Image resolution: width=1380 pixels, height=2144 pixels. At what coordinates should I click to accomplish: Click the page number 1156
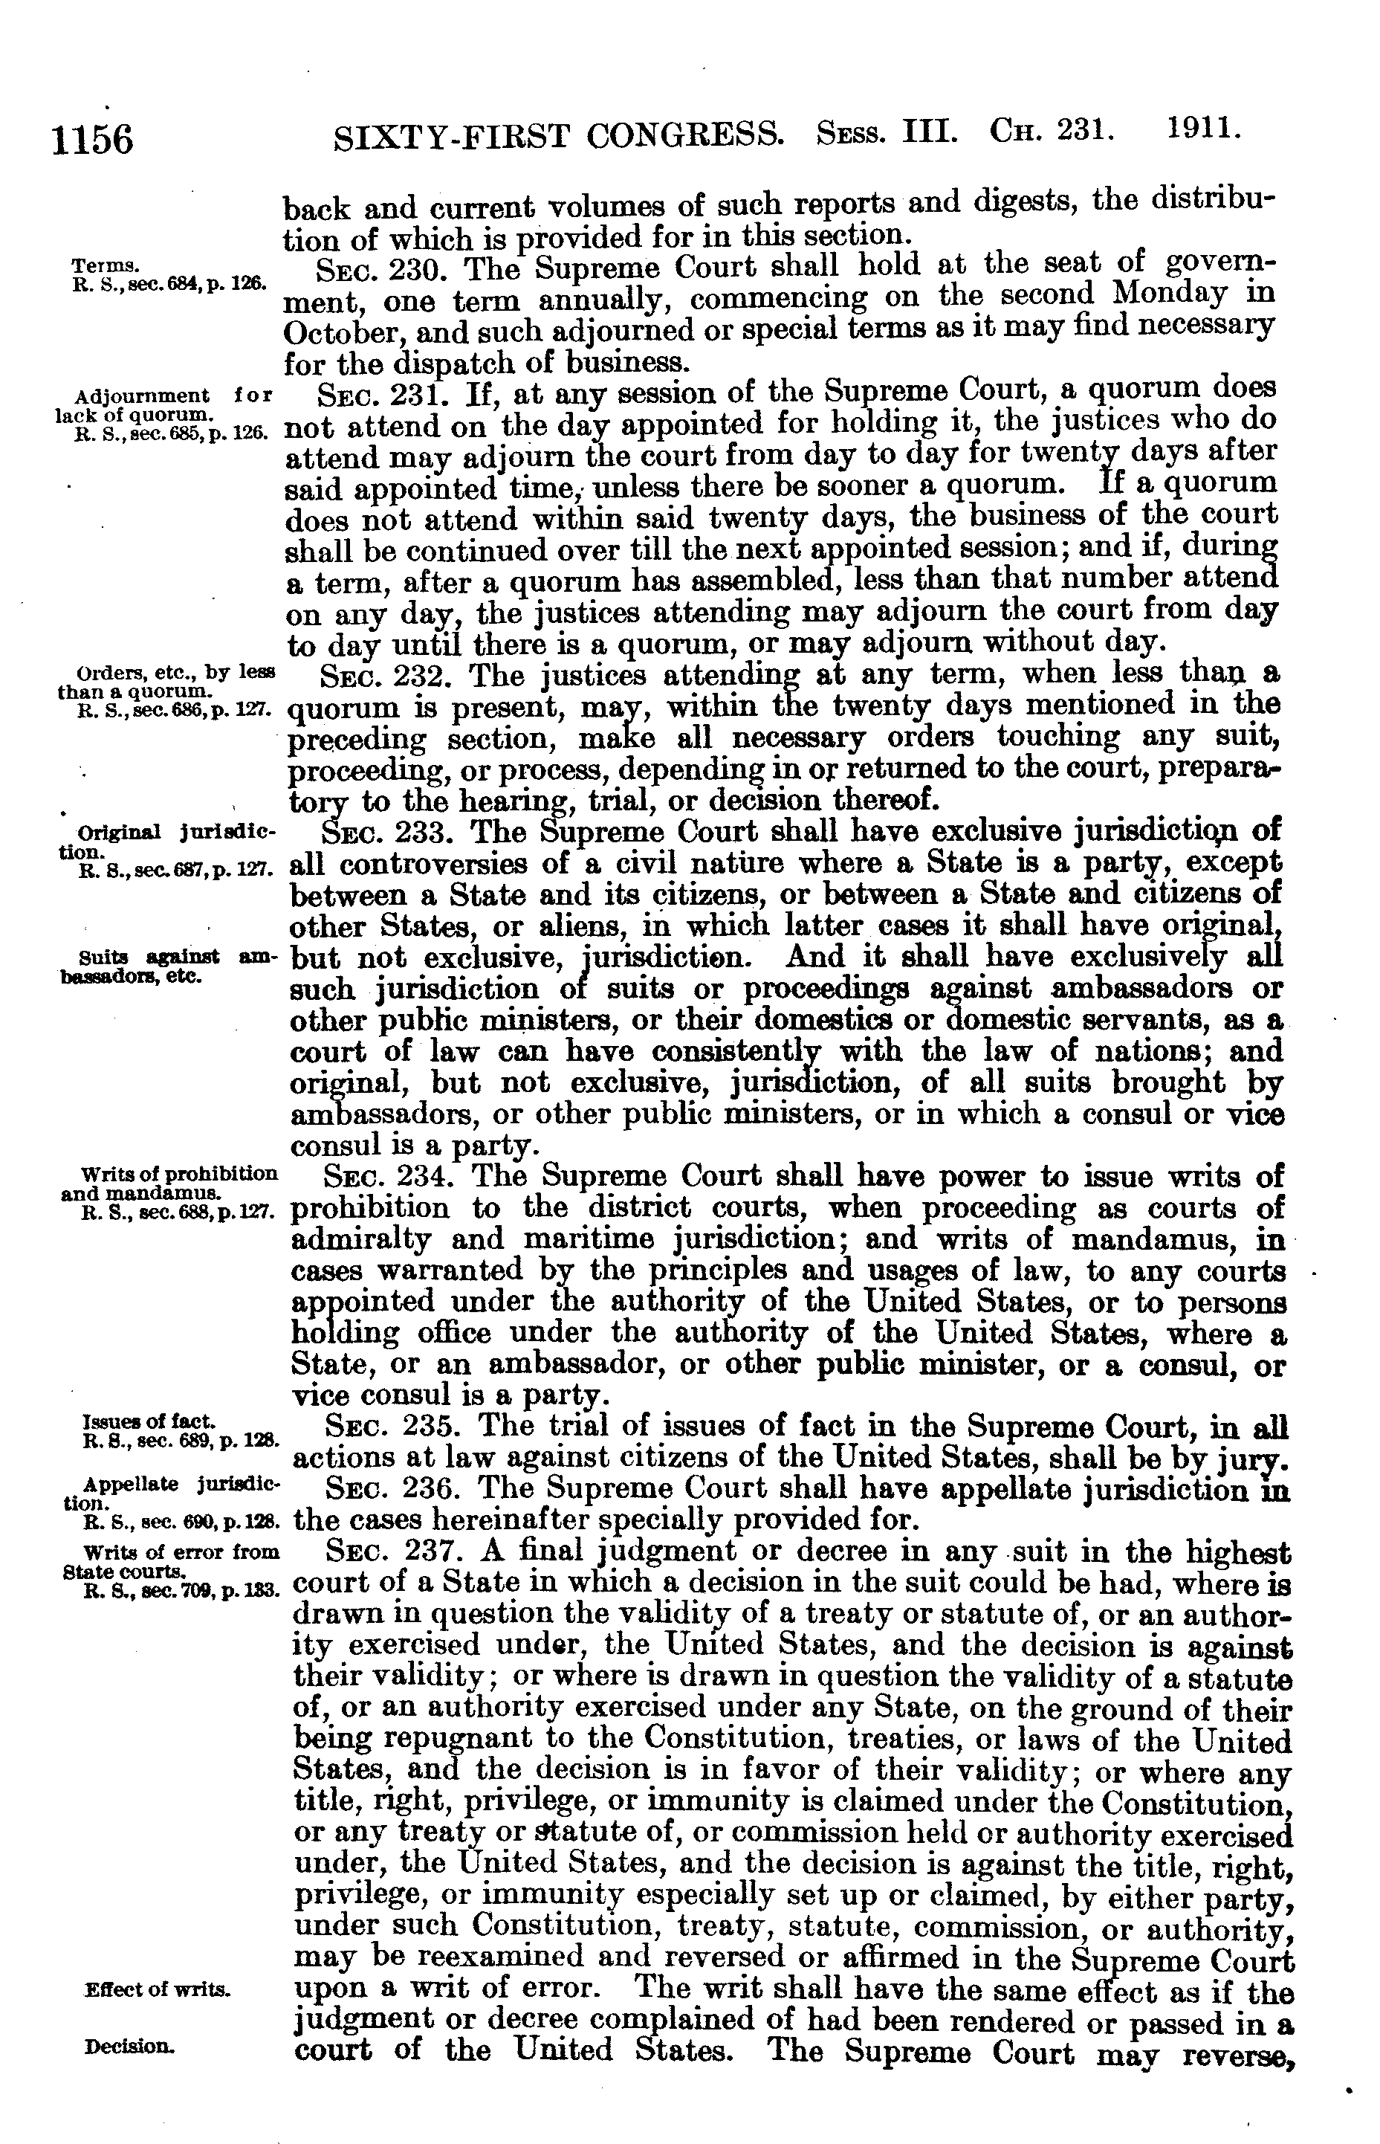point(93,141)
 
